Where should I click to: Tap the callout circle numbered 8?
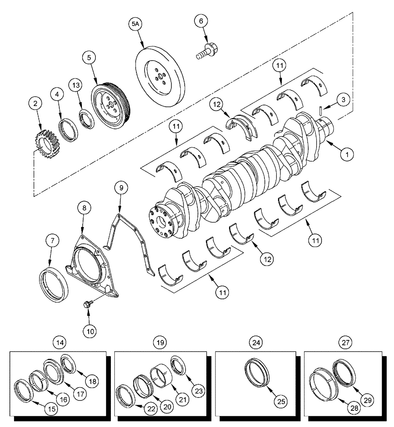pyautogui.click(x=84, y=208)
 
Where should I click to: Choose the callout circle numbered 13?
pyautogui.click(x=75, y=86)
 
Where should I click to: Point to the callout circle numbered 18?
pyautogui.click(x=91, y=379)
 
